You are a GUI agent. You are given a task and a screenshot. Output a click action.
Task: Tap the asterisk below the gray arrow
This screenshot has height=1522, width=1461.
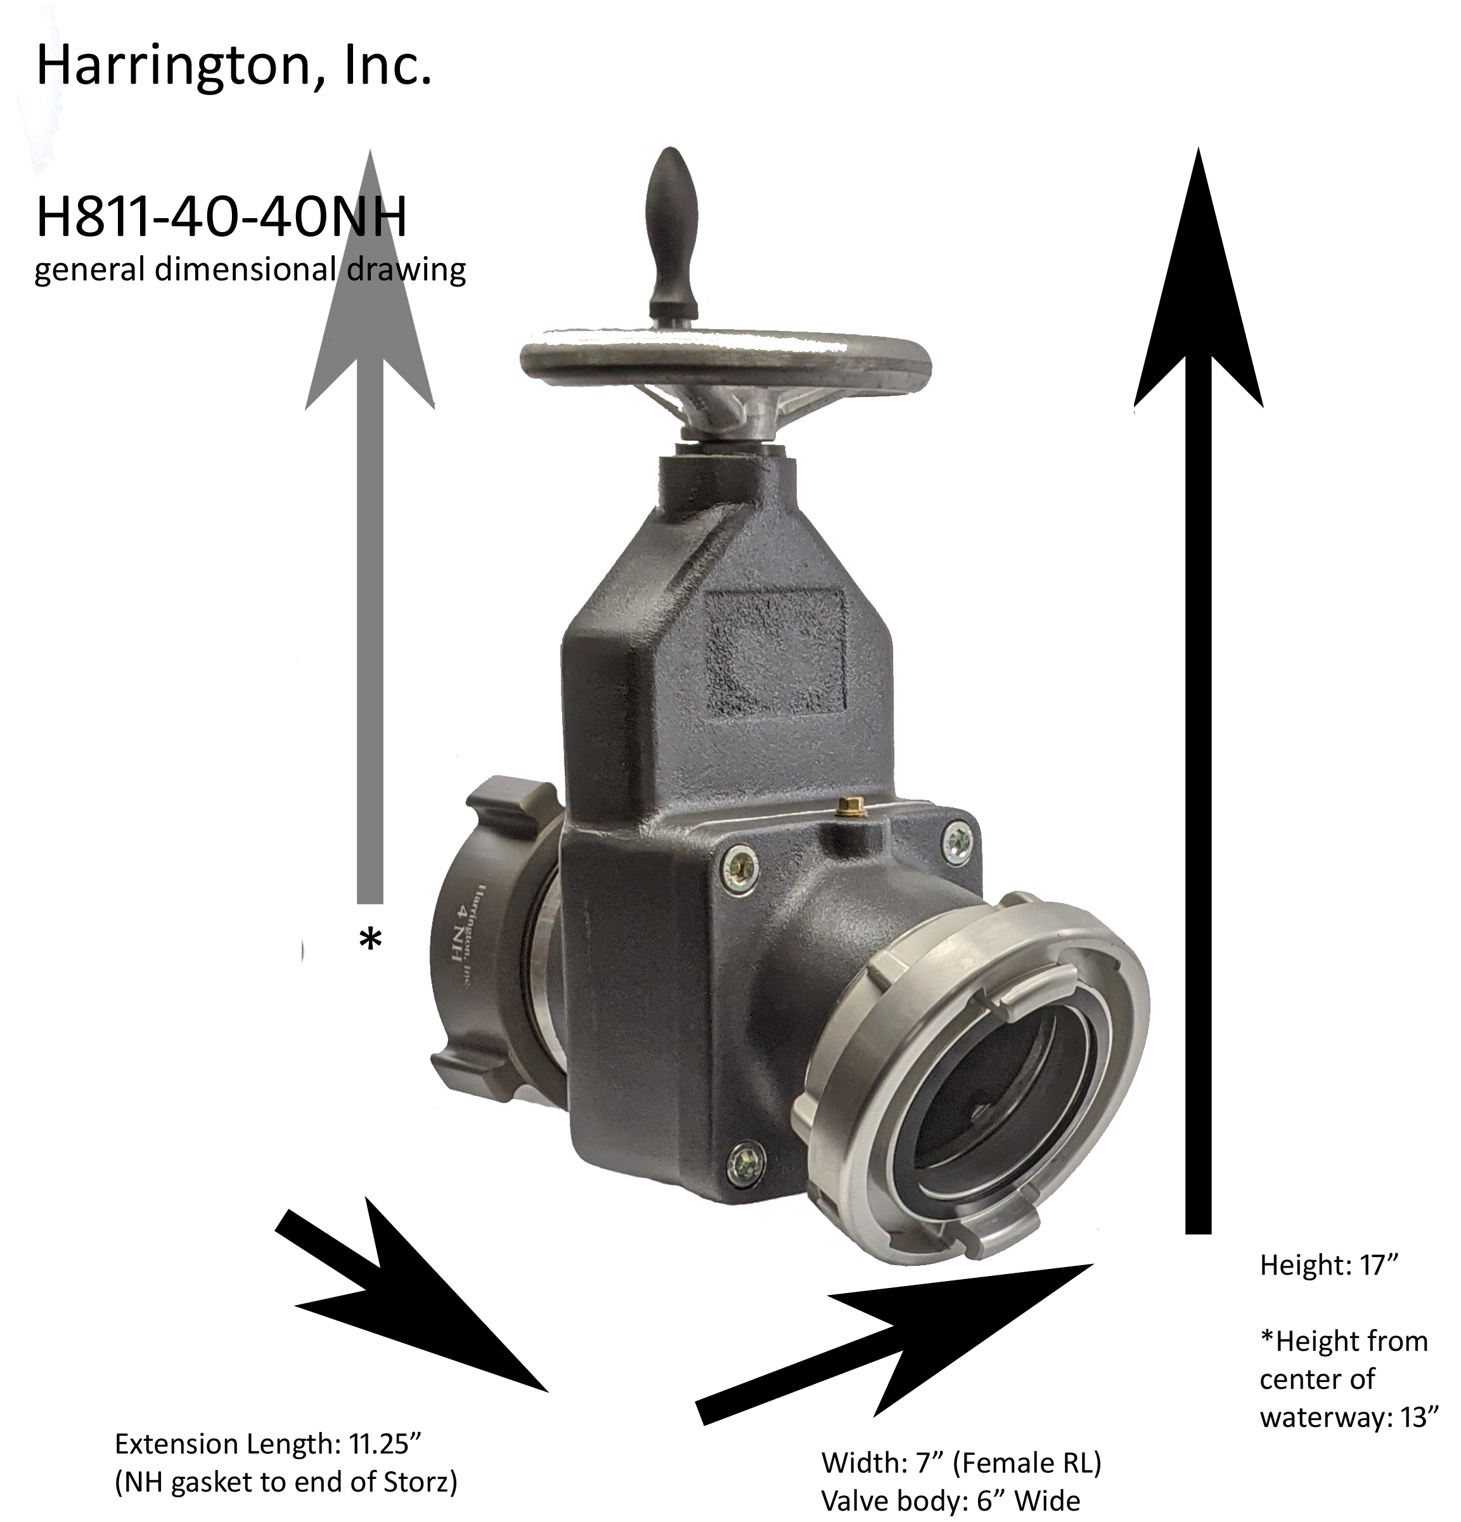click(370, 940)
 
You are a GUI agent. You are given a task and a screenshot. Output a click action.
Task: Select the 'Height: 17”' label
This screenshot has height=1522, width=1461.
click(1329, 1265)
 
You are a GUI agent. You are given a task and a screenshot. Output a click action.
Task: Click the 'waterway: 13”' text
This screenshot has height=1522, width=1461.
click(1349, 1417)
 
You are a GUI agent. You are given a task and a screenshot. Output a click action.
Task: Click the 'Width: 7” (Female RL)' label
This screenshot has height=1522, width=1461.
click(961, 1463)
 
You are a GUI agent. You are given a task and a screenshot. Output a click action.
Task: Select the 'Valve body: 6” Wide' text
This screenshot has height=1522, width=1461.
click(950, 1502)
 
